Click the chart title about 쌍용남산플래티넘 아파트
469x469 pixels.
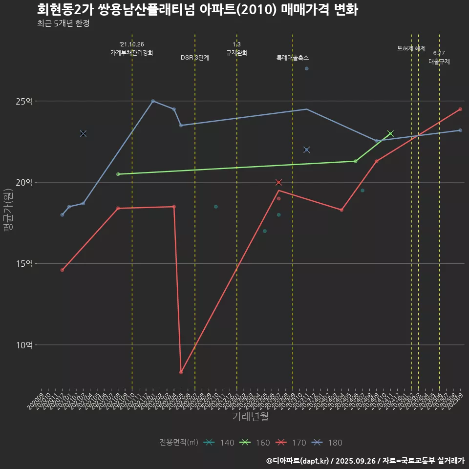pos(197,10)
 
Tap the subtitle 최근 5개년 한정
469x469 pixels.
pos(63,23)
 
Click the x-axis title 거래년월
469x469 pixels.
pos(250,416)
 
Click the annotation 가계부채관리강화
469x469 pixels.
pos(132,53)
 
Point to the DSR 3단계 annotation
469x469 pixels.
pos(195,58)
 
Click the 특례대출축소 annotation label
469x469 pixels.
pos(293,58)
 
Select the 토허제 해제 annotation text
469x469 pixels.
pos(411,48)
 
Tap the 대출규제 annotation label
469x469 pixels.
pos(439,62)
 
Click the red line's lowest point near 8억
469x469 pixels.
pos(181,372)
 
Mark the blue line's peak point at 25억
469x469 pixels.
pos(153,101)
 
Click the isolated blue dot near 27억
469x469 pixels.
pos(306,68)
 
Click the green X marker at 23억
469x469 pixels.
pos(390,133)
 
